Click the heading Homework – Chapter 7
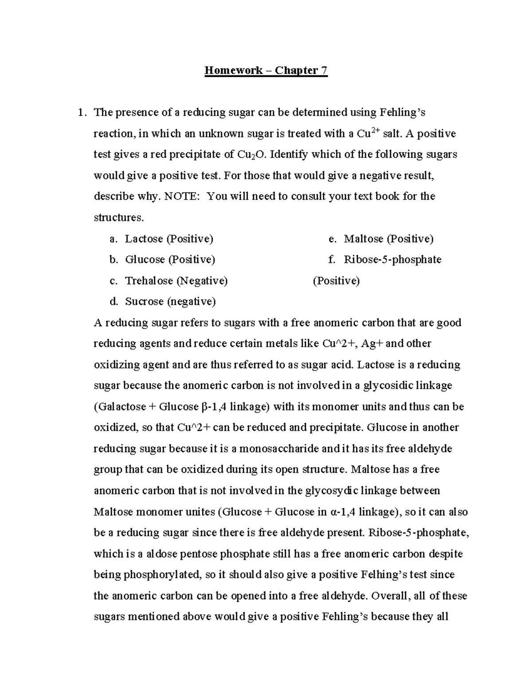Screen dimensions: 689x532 point(266,71)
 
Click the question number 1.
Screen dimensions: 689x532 point(81,113)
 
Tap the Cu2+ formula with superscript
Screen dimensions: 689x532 point(369,133)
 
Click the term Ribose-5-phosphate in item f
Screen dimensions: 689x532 point(392,260)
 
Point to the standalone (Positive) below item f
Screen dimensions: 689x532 point(336,281)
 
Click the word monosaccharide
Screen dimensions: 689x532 point(279,449)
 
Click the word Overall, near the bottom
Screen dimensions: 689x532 point(390,596)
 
